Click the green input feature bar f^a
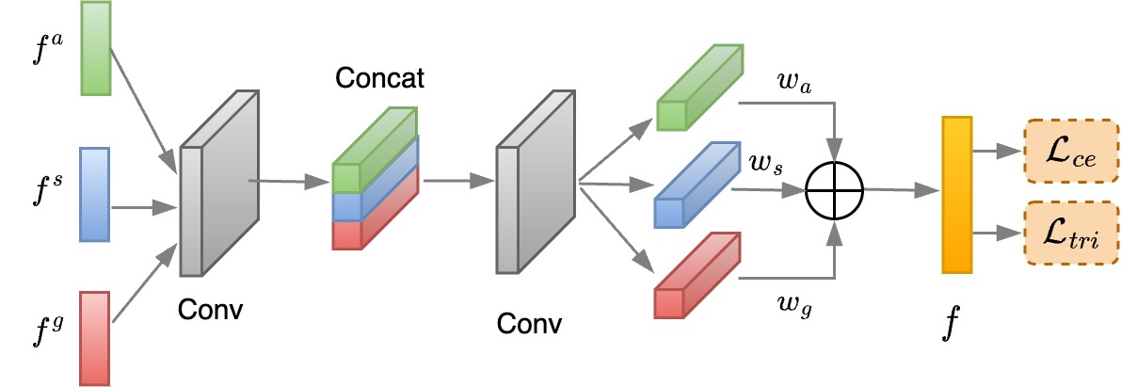(97, 48)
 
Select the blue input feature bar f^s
(96, 194)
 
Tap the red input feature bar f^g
(96, 338)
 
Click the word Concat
(380, 78)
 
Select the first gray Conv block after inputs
(218, 183)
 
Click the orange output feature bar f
(956, 195)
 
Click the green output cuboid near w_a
(697, 89)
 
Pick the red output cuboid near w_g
(697, 278)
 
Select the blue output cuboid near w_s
(697, 185)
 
